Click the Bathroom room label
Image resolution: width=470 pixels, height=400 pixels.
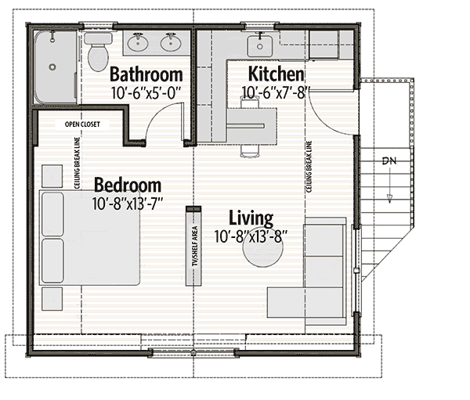(146, 74)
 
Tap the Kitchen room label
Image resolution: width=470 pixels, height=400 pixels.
(276, 74)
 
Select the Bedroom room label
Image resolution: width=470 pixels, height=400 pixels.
(128, 186)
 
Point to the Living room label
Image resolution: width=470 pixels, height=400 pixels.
(251, 218)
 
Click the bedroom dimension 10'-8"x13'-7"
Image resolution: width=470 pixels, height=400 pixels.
(128, 204)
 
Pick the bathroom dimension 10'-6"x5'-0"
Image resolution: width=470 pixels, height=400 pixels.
(146, 93)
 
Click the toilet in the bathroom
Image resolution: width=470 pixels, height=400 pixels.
(98, 52)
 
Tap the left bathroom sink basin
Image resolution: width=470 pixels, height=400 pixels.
(138, 43)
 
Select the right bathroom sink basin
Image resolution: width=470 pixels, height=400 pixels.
(171, 42)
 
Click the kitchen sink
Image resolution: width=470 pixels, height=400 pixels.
(260, 46)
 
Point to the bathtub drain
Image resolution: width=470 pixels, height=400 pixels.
(52, 67)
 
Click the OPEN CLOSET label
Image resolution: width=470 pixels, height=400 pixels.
(82, 124)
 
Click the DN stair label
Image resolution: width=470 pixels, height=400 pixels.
(389, 161)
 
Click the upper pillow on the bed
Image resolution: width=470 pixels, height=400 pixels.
(52, 214)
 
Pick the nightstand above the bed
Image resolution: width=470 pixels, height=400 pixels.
(52, 176)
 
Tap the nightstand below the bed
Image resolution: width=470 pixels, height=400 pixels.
(52, 299)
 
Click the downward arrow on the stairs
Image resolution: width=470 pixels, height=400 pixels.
(389, 186)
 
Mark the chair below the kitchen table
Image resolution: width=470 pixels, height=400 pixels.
(249, 151)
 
